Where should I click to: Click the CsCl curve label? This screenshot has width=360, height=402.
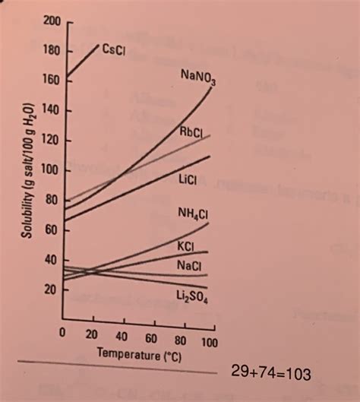pyautogui.click(x=113, y=49)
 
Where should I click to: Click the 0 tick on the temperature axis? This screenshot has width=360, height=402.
pyautogui.click(x=65, y=336)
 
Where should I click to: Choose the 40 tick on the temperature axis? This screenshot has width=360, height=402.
pyautogui.click(x=122, y=336)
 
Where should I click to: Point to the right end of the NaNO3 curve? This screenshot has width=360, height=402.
pyautogui.click(x=210, y=90)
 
